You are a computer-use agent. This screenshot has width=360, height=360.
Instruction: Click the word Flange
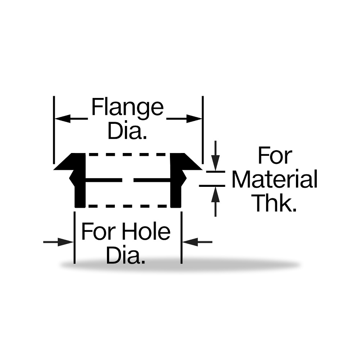click(x=127, y=107)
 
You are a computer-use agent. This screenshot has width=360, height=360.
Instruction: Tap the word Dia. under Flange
click(x=127, y=131)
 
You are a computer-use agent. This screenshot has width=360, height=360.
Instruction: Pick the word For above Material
click(x=275, y=156)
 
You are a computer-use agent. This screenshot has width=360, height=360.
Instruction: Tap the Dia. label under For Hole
click(x=126, y=255)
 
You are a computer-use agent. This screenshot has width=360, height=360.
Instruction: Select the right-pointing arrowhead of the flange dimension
click(x=194, y=119)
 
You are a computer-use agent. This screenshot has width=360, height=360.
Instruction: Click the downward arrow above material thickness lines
click(x=215, y=156)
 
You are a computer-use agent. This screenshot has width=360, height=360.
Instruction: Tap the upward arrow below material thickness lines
click(x=215, y=201)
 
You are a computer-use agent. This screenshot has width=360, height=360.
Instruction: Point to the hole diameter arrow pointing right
click(x=58, y=242)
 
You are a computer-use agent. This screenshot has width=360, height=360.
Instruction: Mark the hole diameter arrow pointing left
click(x=197, y=242)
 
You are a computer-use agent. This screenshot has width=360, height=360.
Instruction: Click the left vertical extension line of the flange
click(x=54, y=130)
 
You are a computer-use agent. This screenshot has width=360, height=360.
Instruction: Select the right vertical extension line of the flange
click(x=203, y=130)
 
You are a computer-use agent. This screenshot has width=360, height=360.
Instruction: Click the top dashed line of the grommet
click(x=128, y=154)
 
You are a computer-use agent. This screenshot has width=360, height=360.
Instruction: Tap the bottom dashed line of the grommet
click(x=128, y=206)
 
